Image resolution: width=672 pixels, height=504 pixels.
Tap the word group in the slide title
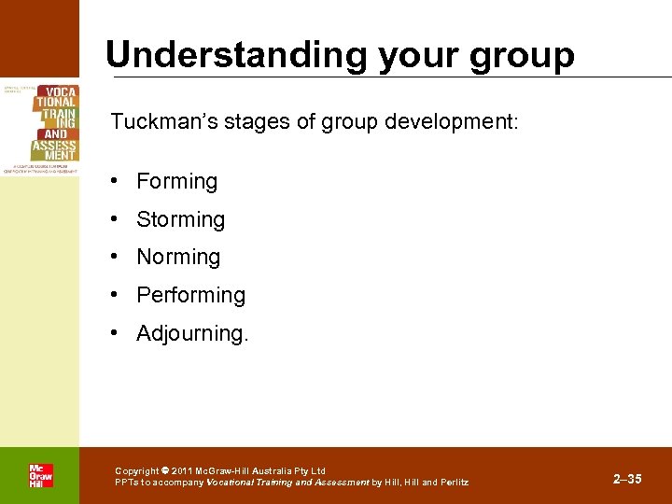tap(522, 57)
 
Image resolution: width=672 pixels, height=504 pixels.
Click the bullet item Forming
tap(176, 181)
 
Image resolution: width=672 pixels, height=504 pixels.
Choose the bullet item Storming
tap(180, 219)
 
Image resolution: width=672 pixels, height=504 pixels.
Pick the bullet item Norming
tap(178, 257)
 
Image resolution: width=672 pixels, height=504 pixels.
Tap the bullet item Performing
tap(190, 295)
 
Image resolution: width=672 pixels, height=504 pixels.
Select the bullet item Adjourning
tap(192, 333)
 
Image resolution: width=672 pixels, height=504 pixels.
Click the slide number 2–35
tap(627, 479)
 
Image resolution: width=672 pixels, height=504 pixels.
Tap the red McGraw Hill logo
tap(40, 476)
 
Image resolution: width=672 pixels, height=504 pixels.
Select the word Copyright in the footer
tap(137, 471)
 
